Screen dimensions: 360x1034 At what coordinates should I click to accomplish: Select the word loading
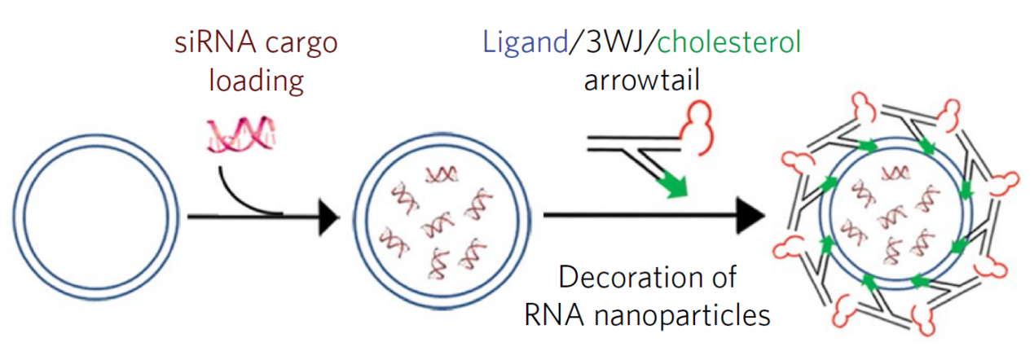(x=256, y=81)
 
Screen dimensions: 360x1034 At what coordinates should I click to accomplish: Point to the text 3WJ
(x=611, y=42)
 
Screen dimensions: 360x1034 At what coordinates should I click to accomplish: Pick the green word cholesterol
(x=728, y=42)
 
